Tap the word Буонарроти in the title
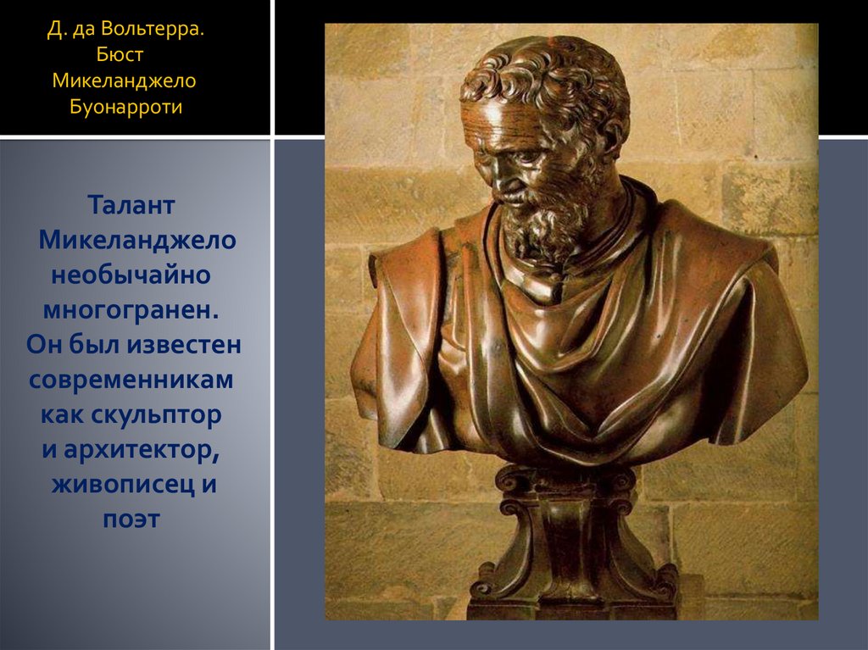[127, 108]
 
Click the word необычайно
[131, 275]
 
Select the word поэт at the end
[131, 519]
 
